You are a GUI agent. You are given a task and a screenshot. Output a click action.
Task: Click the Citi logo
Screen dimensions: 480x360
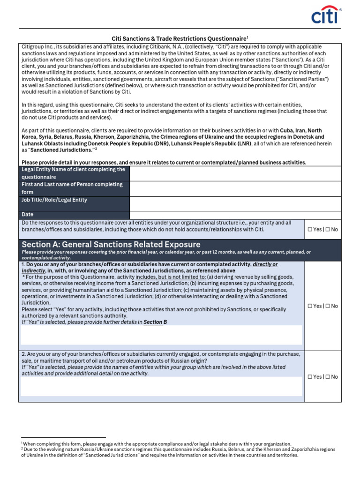click(326, 15)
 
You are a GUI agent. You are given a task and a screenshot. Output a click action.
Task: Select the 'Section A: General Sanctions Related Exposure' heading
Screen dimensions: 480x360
click(111, 244)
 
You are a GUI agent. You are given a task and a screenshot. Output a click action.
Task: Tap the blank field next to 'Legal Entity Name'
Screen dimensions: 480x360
click(235, 173)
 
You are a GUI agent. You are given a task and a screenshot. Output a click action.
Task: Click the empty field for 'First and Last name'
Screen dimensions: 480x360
click(235, 188)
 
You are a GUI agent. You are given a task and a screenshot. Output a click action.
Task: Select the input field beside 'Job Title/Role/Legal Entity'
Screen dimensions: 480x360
click(235, 203)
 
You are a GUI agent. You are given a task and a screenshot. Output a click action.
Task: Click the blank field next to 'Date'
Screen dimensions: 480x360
click(235, 215)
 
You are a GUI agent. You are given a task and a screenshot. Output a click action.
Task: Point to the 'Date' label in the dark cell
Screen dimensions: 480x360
click(28, 215)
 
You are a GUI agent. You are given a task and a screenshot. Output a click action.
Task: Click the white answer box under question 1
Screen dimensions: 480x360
click(161, 335)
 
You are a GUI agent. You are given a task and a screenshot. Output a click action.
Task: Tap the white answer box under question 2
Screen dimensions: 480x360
click(161, 387)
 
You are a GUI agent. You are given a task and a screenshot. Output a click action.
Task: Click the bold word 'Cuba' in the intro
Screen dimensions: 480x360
click(287, 130)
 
